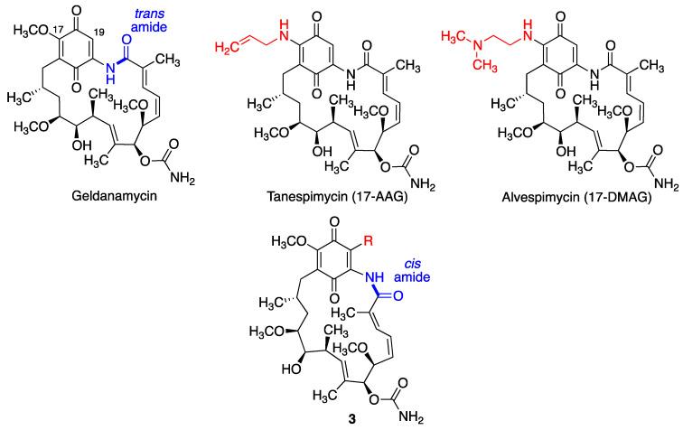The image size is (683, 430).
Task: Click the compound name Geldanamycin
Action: pyautogui.click(x=114, y=196)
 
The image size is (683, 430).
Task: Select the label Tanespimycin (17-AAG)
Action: pyautogui.click(x=338, y=197)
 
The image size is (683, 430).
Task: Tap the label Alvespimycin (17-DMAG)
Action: pyautogui.click(x=576, y=197)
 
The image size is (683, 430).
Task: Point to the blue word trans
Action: pyautogui.click(x=149, y=14)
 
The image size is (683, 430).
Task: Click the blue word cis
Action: pyautogui.click(x=412, y=264)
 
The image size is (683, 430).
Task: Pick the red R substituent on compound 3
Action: pyautogui.click(x=369, y=241)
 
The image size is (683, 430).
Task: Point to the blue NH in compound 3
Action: pyautogui.click(x=374, y=277)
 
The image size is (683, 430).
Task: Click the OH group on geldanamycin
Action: pyautogui.click(x=82, y=145)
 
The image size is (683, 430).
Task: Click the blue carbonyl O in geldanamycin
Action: pyautogui.click(x=126, y=41)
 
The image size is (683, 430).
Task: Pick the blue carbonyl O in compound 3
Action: pyautogui.click(x=398, y=296)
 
